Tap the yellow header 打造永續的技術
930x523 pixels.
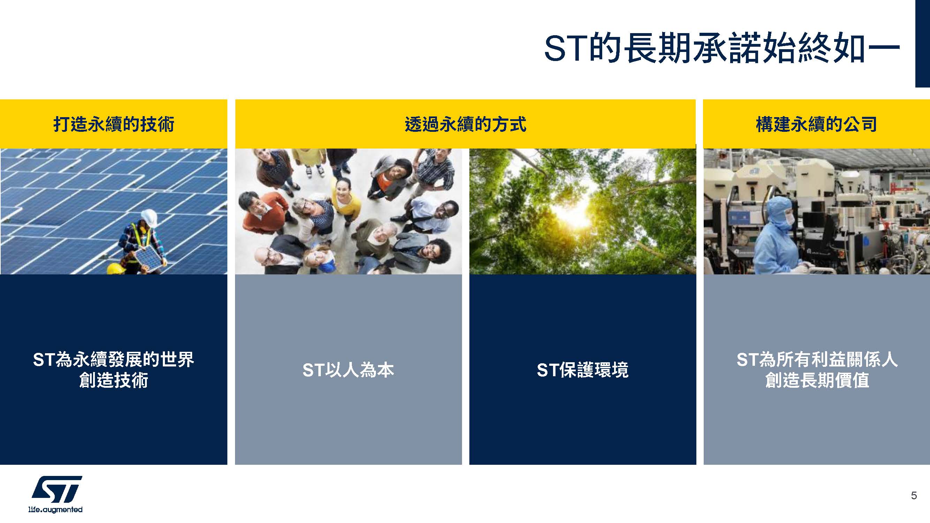click(x=114, y=124)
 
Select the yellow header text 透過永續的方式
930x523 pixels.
click(x=466, y=124)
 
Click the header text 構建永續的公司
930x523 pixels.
click(x=816, y=124)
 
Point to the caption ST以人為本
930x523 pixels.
click(x=348, y=370)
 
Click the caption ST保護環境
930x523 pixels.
click(x=583, y=370)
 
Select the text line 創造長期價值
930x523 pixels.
click(x=817, y=380)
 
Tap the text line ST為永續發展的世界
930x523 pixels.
click(x=114, y=359)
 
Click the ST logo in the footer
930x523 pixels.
click(x=57, y=489)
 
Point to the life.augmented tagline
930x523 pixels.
click(x=55, y=509)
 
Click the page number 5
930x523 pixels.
click(x=914, y=495)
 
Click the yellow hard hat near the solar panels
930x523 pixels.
click(x=116, y=268)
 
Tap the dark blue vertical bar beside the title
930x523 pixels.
click(x=922, y=43)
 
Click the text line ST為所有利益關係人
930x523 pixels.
click(x=817, y=359)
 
